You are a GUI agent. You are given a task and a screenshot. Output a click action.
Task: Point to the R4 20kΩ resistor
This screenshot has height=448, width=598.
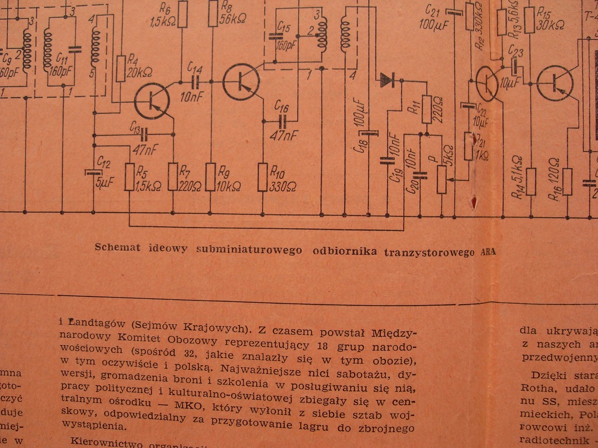coord(121,69)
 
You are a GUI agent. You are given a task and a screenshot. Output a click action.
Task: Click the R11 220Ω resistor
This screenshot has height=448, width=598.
coord(427,110)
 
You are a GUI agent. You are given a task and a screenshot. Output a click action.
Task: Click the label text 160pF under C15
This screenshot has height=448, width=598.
coord(286,44)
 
